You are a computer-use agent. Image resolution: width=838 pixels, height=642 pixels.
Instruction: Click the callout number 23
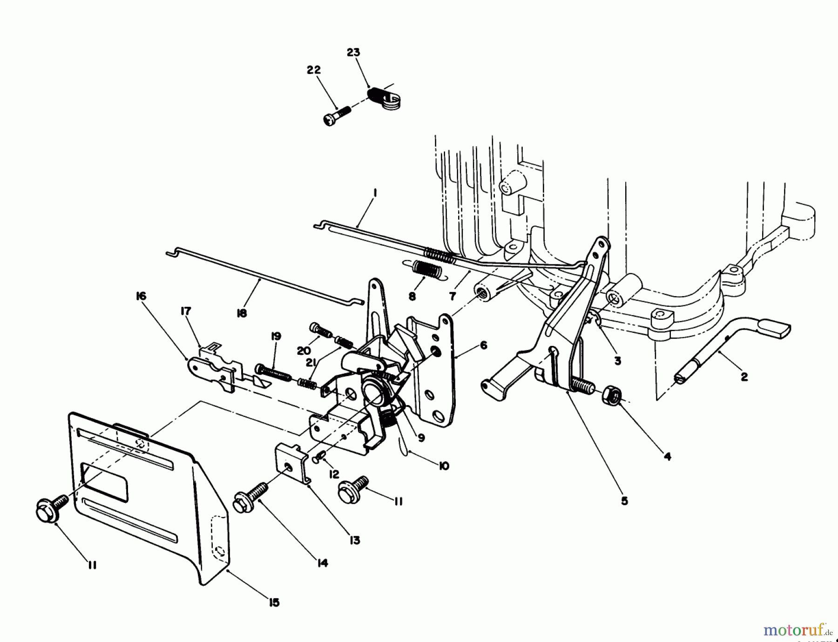pyautogui.click(x=353, y=52)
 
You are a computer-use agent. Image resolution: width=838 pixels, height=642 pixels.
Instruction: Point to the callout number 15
pyautogui.click(x=274, y=602)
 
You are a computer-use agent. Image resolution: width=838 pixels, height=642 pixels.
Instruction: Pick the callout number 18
pyautogui.click(x=242, y=313)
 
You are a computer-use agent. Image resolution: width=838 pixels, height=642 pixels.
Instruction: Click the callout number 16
pyautogui.click(x=141, y=296)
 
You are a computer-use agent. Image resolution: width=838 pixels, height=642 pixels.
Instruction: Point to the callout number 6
pyautogui.click(x=483, y=345)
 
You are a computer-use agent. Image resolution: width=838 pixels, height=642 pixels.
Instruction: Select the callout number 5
pyautogui.click(x=624, y=501)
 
